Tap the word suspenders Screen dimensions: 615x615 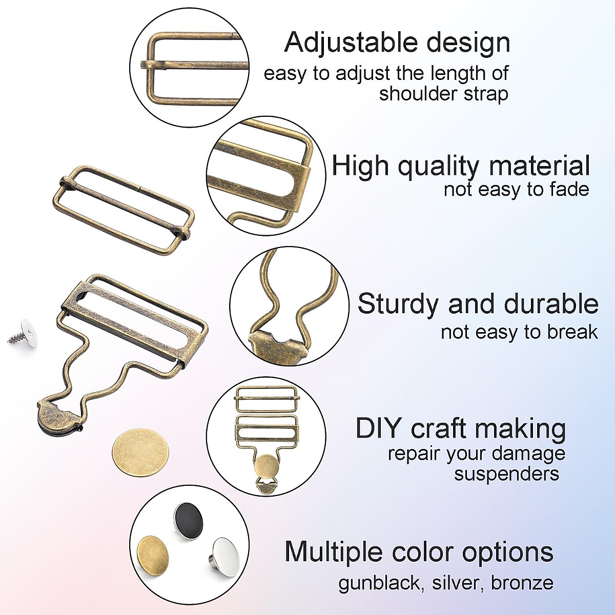pos(506,474)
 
